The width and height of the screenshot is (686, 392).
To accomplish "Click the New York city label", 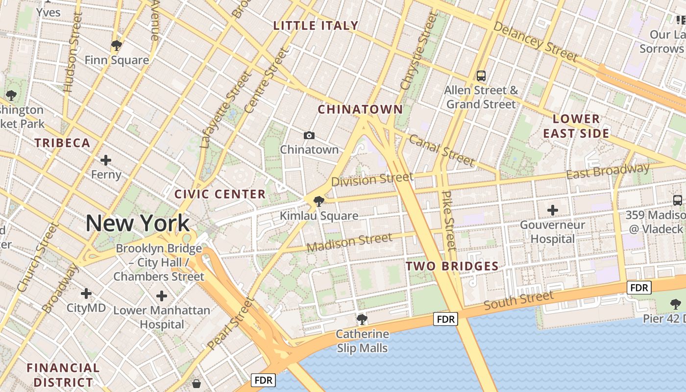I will click(137, 223).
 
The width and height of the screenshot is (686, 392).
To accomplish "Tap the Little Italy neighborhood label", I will click(316, 25).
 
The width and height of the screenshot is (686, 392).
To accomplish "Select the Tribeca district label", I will click(62, 143).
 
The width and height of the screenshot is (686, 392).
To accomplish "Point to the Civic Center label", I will click(220, 194).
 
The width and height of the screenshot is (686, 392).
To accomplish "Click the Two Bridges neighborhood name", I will click(452, 267).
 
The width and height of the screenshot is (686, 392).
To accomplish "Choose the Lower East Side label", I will click(576, 126).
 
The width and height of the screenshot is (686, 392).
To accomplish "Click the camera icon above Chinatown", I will click(309, 135).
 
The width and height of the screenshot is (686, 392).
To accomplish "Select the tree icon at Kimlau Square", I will click(318, 201).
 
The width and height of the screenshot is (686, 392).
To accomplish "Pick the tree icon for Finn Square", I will click(117, 46).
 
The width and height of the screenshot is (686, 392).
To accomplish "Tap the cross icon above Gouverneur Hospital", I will click(553, 211).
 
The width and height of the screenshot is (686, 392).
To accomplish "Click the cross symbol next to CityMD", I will click(86, 294).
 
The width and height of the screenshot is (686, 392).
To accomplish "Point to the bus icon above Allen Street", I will click(481, 76).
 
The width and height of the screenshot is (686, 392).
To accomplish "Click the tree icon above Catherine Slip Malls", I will click(362, 319).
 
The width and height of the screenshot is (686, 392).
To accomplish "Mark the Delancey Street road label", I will click(535, 41).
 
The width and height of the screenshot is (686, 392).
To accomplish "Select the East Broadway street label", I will click(608, 171).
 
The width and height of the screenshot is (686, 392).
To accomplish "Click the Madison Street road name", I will click(349, 243).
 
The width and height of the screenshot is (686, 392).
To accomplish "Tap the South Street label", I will click(518, 300).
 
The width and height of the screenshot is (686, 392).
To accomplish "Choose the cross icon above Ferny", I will click(106, 160).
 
